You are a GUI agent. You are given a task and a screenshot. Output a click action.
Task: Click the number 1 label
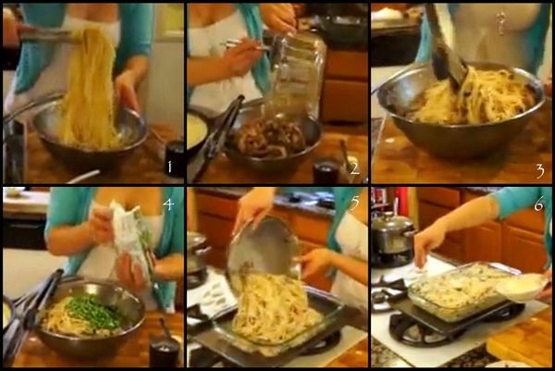(x=168, y=167)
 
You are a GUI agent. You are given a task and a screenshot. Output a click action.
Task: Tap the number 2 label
(x=353, y=167)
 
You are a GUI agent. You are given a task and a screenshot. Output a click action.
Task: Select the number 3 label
(x=539, y=170)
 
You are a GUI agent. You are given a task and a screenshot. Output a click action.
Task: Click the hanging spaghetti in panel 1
(x=91, y=83)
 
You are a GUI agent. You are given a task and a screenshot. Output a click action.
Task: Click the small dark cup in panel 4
(x=164, y=352)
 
